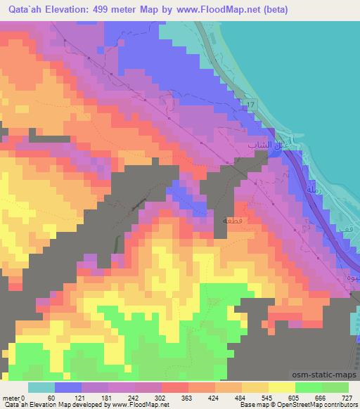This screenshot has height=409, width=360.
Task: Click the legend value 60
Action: tap(51, 398)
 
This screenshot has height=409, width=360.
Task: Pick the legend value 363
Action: tap(186, 398)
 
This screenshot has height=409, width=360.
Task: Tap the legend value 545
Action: tap(267, 398)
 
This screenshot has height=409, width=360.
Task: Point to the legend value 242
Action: tap(132, 398)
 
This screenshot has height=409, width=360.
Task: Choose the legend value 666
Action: tap(321, 398)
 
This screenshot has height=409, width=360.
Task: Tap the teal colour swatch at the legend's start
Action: tap(41, 387)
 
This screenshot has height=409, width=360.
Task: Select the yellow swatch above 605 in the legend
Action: tap(281, 387)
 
